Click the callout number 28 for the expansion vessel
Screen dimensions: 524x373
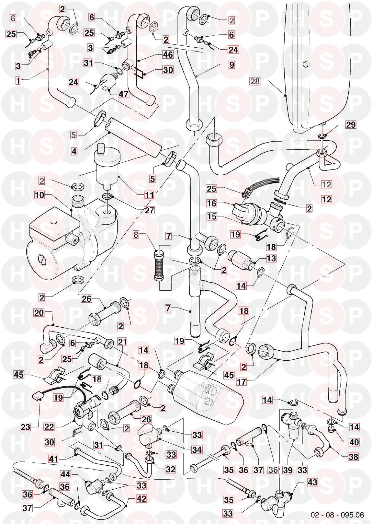(x=255, y=81)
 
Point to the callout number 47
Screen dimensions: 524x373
(x=123, y=94)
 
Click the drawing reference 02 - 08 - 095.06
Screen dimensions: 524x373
(x=337, y=515)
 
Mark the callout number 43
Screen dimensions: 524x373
(x=312, y=483)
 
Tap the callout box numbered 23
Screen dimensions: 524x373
(x=26, y=427)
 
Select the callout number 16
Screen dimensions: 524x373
(x=212, y=204)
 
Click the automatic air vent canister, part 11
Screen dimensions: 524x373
(x=107, y=169)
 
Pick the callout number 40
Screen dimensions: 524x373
(x=354, y=442)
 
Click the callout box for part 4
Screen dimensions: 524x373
(x=74, y=151)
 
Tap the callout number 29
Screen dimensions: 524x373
(x=351, y=125)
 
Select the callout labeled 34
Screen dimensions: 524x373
(x=197, y=449)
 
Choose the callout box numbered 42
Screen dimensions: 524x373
(x=141, y=498)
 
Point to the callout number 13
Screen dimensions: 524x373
(x=271, y=258)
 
